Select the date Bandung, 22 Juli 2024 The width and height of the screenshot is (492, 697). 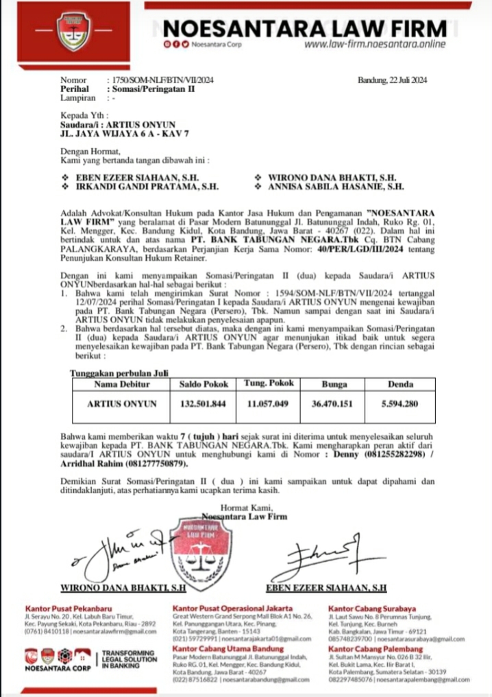coord(393,80)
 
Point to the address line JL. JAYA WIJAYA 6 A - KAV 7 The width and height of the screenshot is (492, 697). coord(124,134)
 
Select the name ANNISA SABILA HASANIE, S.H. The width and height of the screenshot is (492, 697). coord(330,185)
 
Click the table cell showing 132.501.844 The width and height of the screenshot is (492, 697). coord(203,405)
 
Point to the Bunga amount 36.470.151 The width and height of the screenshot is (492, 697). coord(333,405)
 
